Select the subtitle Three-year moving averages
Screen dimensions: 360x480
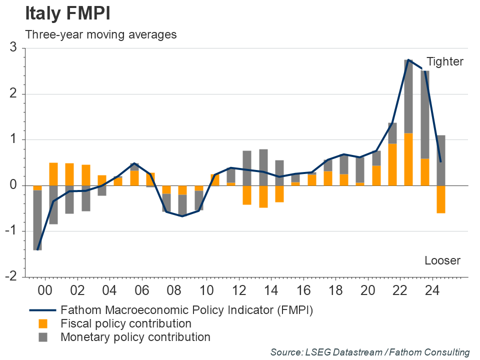coord(100,34)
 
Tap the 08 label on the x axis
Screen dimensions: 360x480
coord(174,290)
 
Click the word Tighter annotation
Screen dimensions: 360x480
coord(445,62)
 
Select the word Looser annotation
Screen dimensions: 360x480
coord(442,260)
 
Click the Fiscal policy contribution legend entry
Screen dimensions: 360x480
coord(125,323)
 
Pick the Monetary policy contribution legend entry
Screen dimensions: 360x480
coord(135,337)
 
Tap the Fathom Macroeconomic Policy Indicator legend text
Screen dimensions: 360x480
coord(186,310)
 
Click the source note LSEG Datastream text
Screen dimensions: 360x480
coord(370,352)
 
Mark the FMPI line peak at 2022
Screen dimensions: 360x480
coord(408,60)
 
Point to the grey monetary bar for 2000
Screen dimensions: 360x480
coord(37,220)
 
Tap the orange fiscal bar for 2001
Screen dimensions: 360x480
coord(53,174)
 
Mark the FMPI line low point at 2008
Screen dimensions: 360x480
coord(182,216)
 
